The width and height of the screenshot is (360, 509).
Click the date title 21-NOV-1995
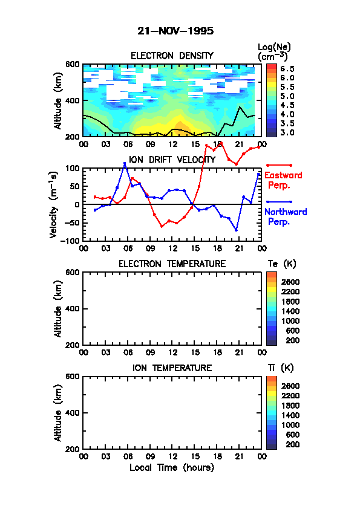point(175,31)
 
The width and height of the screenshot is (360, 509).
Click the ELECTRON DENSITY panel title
point(172,56)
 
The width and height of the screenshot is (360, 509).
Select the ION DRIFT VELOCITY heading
point(172,160)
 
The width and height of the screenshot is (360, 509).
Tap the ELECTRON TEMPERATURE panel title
point(172,264)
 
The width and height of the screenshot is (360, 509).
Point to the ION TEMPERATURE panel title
point(172,368)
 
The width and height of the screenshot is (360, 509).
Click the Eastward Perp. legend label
point(283,181)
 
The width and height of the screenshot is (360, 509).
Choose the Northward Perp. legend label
point(286,217)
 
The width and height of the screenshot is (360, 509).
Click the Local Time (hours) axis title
point(172,468)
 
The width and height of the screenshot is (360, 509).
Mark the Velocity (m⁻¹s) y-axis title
point(54,204)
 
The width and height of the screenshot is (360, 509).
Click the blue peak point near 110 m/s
point(125,164)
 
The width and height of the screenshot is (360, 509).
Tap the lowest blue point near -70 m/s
point(236,230)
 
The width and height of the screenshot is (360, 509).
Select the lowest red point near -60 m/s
point(162,226)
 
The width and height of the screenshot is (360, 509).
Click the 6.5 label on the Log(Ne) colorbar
point(287,69)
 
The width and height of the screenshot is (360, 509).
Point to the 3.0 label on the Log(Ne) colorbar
point(287,132)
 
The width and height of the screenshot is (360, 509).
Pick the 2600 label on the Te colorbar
point(290,282)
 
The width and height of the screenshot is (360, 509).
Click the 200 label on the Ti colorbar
point(293,444)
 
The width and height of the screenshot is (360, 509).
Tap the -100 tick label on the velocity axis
point(72,241)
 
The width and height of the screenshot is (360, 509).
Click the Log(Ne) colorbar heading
point(274,52)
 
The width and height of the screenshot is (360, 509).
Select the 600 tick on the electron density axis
point(72,64)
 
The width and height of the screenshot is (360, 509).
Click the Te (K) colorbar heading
point(282,264)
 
